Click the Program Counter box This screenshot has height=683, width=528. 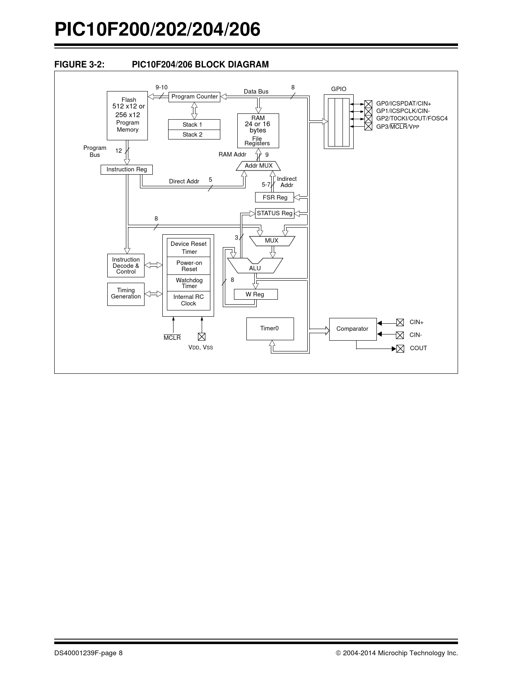pos(194,96)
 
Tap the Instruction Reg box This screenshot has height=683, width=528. pos(127,169)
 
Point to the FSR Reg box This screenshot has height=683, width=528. pos(275,197)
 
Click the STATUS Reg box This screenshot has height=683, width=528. pos(275,213)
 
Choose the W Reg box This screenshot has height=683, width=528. pos(255,294)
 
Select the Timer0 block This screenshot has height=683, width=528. pos(270,329)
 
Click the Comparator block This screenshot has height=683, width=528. pos(352,329)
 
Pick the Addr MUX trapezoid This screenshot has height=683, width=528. pos(258,166)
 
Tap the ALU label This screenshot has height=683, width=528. pos(255,268)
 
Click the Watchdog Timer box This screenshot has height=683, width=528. pos(189,283)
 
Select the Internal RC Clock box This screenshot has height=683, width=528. pos(189,300)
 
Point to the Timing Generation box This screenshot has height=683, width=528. pos(126,294)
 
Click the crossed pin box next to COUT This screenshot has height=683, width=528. pos(400,349)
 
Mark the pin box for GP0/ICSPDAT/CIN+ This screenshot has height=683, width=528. pos(368,103)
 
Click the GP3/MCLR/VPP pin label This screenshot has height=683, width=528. pos(398,127)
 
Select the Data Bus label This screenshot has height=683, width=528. pos(256,91)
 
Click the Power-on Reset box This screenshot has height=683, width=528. pos(189,266)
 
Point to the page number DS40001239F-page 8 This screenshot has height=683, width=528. pos(88,653)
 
